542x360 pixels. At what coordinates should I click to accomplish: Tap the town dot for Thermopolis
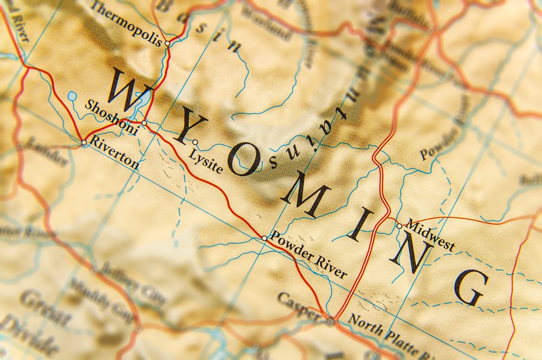167,43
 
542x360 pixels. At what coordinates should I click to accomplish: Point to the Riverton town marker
83,143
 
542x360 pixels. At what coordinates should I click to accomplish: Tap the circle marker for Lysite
195,143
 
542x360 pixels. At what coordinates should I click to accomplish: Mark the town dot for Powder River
264,238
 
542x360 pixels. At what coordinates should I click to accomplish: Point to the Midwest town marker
399,226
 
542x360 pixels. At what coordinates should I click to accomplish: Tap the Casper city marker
330,322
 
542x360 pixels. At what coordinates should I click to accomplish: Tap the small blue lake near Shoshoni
72,97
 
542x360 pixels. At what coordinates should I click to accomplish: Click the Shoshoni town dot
144,123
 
